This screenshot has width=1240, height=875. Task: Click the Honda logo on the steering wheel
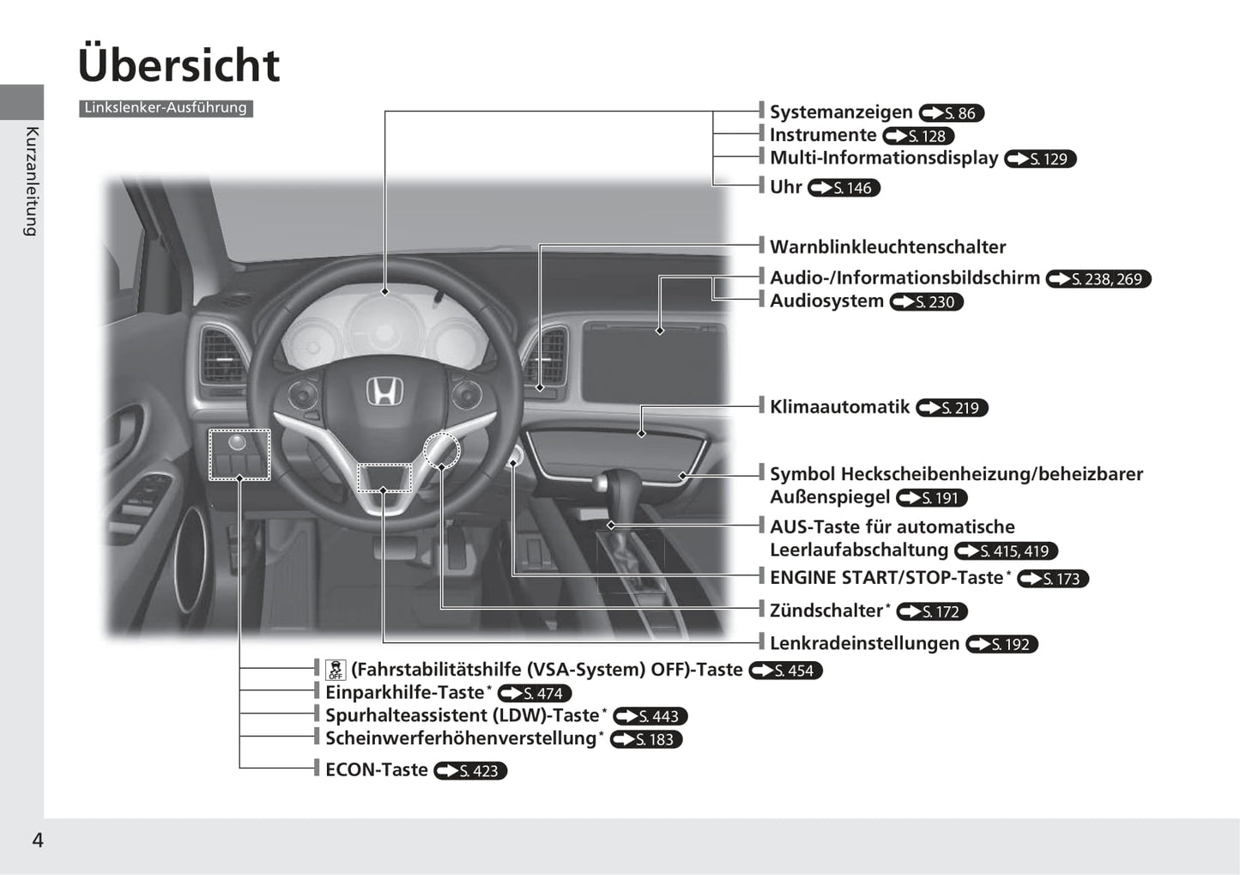coord(384,391)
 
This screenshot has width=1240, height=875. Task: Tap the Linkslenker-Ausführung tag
coord(166,108)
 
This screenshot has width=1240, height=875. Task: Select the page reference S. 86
coord(952,113)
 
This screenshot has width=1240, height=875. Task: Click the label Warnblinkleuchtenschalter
coord(888,247)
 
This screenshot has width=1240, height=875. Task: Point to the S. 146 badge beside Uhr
coord(844,188)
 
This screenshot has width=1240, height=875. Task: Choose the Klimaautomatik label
coord(839,407)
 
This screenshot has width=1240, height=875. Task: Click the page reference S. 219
coord(953,408)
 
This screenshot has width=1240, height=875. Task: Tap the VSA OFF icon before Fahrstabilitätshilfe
coord(336,670)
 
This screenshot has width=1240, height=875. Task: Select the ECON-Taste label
coord(377,769)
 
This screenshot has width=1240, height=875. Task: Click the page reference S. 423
coord(470,771)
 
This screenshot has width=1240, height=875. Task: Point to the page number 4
coord(38,840)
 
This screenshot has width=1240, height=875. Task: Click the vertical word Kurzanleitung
coord(32,182)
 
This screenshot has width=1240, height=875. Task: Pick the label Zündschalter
coord(826,611)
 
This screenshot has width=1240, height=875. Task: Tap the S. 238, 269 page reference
coord(1099,278)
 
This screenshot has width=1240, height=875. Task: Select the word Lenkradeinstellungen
coord(865,643)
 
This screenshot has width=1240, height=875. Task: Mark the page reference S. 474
coord(535,693)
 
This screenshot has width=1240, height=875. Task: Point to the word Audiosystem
coord(827,301)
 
